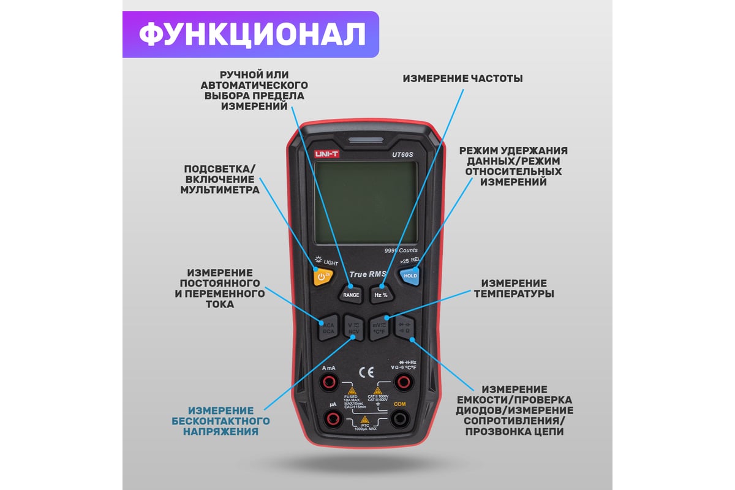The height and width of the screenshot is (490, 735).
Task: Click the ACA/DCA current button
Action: point(328,327)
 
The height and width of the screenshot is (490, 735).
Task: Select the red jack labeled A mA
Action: point(330,383)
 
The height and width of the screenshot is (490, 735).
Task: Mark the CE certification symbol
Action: point(366,372)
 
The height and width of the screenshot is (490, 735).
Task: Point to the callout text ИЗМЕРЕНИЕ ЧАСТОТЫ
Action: point(462,79)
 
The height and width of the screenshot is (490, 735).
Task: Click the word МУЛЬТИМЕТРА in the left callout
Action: point(219,190)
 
